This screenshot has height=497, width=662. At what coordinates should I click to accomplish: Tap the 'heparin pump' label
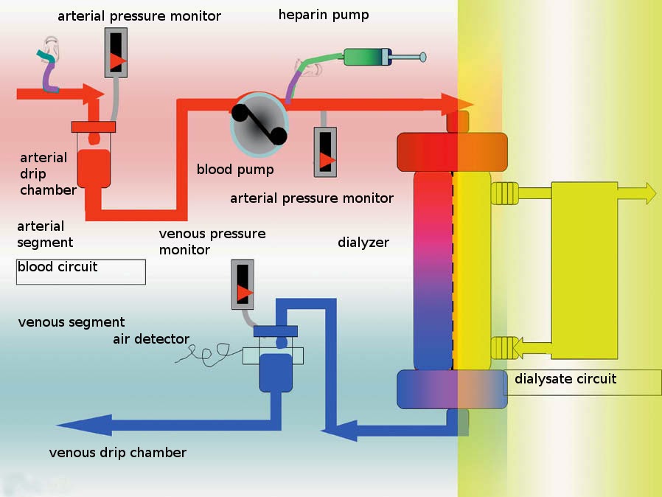pyautogui.click(x=323, y=15)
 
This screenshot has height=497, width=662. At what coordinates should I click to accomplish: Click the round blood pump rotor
pyautogui.click(x=259, y=123)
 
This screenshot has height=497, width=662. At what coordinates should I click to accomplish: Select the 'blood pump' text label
pyautogui.click(x=234, y=170)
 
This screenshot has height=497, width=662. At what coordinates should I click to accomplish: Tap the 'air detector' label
pyautogui.click(x=151, y=339)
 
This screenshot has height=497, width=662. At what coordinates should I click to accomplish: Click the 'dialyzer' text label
pyautogui.click(x=363, y=242)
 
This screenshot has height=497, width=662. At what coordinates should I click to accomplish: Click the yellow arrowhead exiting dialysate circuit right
pyautogui.click(x=648, y=192)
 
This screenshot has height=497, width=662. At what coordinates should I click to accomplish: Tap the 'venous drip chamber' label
pyautogui.click(x=118, y=452)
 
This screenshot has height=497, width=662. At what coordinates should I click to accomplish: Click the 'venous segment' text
pyautogui.click(x=72, y=322)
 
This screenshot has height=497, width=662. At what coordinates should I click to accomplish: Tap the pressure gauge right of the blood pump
pyautogui.click(x=325, y=151)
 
